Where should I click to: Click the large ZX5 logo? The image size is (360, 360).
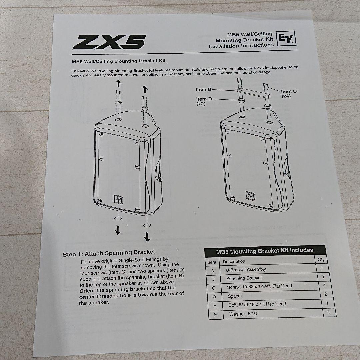110,42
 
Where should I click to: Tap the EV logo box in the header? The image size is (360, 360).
286,38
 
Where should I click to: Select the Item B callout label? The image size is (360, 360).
203,90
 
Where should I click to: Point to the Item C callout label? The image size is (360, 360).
288,93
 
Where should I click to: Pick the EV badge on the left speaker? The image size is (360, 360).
118,199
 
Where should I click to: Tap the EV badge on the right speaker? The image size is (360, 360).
250,196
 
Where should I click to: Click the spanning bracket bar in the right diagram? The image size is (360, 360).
253,93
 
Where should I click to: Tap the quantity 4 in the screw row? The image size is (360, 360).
324,285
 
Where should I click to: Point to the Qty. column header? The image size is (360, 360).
321,260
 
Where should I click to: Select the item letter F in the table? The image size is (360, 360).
215,315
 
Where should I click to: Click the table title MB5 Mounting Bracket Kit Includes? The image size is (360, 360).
265,251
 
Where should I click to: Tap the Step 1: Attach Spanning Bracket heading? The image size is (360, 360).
109,253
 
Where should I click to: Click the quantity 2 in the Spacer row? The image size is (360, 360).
326,294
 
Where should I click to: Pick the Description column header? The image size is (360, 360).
234,262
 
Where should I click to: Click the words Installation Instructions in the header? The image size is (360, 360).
241,46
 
